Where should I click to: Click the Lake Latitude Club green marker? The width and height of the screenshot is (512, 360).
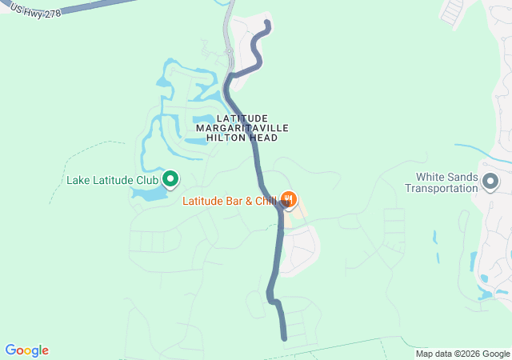170,178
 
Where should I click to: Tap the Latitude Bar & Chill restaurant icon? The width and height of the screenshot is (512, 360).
289,199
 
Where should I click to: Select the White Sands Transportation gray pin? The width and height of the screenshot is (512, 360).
490,182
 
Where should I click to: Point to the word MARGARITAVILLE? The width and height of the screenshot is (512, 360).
241,128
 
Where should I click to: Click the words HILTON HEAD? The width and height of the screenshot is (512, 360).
241,138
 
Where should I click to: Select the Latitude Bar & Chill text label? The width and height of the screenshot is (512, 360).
229,201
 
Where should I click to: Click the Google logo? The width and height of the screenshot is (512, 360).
26,350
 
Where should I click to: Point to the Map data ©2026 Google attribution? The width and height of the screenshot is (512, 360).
462,354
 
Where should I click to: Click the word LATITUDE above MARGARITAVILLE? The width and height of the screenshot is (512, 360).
241,118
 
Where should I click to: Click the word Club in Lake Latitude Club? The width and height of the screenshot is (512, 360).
146,180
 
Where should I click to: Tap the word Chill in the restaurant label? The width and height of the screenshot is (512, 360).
266,201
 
